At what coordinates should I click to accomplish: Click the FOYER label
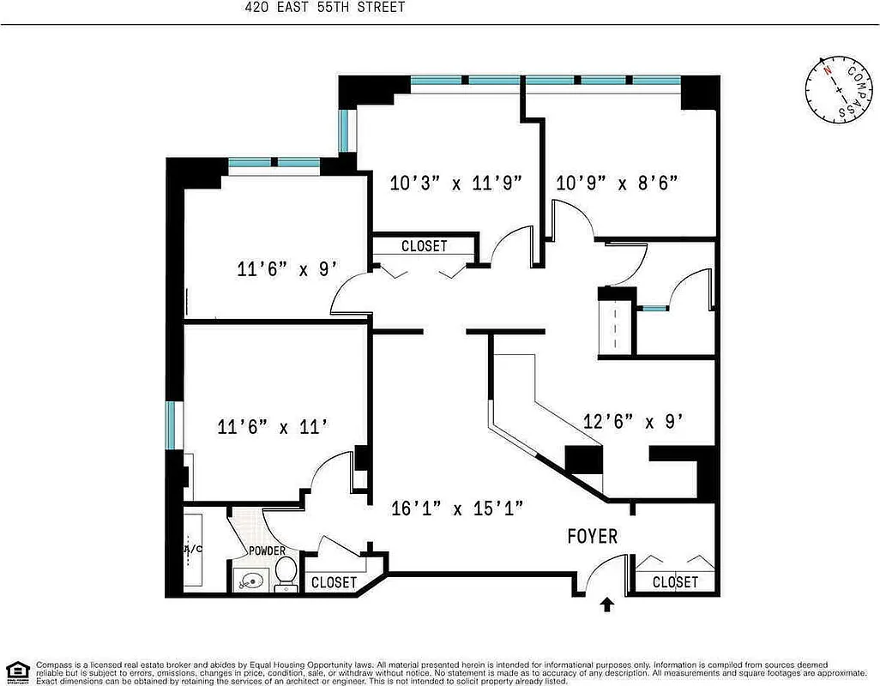pos(593,536)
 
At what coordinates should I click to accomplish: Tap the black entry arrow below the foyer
pos(607,605)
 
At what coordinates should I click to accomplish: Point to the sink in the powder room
pos(250,581)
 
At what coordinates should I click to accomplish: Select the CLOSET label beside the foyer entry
pos(675,582)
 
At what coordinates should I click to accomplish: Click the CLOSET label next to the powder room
pos(334,582)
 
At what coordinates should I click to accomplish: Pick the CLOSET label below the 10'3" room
pos(424,246)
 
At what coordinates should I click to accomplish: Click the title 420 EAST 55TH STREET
pos(324,8)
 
